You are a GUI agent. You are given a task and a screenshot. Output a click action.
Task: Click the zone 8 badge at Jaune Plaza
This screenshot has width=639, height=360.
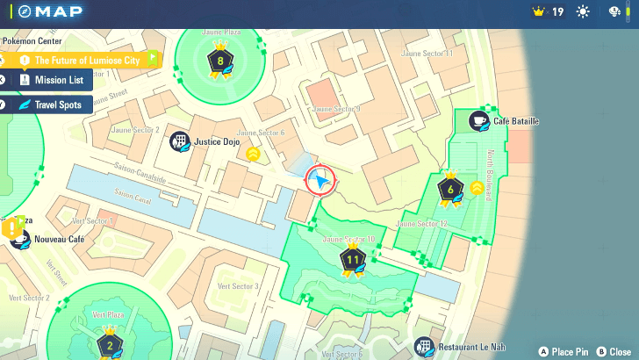click(219, 61)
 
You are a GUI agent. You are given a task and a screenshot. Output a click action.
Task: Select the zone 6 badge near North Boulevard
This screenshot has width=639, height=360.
click(450, 190)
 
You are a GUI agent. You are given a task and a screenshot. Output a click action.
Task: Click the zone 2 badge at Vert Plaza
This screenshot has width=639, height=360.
click(110, 344)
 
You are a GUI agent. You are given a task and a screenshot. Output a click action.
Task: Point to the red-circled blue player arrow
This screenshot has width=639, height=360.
click(321, 180)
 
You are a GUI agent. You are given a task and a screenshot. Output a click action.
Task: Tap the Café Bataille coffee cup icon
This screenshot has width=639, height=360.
click(478, 121)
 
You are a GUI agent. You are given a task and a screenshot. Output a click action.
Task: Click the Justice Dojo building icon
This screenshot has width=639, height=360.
click(180, 140)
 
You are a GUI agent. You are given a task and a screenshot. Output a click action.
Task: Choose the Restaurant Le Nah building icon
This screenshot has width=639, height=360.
click(425, 346)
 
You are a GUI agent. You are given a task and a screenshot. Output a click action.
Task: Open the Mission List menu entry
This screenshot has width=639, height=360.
click(59, 80)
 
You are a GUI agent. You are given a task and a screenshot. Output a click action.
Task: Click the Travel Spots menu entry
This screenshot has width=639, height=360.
click(59, 104)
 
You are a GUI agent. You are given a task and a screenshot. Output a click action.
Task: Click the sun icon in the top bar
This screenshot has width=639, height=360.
click(583, 12)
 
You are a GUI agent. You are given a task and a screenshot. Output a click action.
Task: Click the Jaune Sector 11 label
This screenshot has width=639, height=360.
click(427, 54)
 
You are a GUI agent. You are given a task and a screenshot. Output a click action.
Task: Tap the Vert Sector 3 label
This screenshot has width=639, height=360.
click(233, 286)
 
